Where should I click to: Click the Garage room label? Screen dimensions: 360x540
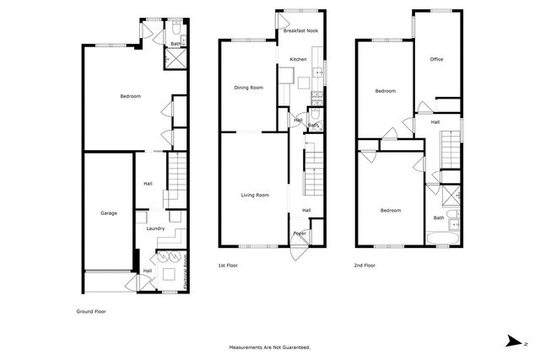tap(109, 212)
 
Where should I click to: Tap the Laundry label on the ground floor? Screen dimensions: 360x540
tap(155, 228)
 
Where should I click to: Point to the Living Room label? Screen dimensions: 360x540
tap(255, 195)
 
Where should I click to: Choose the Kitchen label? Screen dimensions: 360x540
tap(298, 59)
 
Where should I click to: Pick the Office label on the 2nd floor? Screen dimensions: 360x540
tap(436, 59)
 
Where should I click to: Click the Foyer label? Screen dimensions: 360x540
tap(299, 234)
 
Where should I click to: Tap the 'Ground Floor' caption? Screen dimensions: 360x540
tap(91, 310)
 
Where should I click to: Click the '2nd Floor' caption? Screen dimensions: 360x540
tap(365, 265)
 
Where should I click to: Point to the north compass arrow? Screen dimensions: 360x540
tap(512, 340)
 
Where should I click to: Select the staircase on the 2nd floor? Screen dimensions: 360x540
tap(450, 159)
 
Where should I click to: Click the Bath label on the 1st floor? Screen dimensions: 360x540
tap(312, 126)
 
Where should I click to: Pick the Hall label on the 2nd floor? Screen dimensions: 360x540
tap(435, 122)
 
